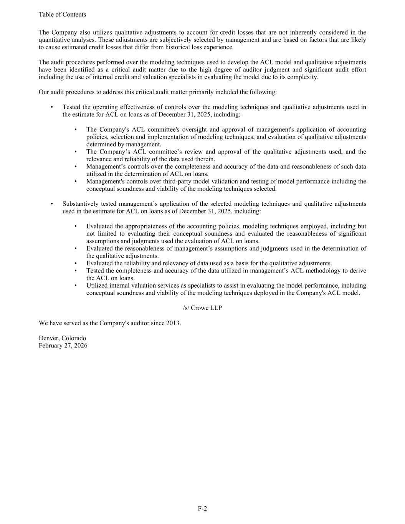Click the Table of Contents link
62,15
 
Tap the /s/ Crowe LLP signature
202,308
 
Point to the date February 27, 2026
63,345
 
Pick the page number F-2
202,509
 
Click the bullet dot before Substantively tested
52,204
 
